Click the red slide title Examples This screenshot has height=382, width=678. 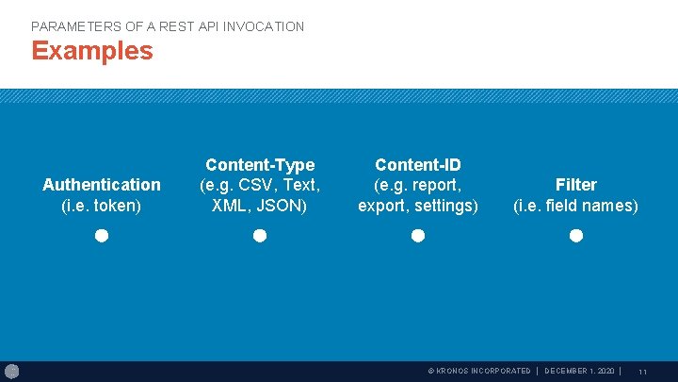pos(91,51)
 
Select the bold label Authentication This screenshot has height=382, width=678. pos(102,185)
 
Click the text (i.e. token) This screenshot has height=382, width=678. pos(102,206)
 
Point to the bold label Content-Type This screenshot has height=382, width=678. pos(260,165)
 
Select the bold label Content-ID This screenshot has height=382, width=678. pos(418,165)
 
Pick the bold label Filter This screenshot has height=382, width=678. pos(575,185)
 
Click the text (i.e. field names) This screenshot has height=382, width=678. pos(575,206)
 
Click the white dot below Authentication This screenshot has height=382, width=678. pos(102,235)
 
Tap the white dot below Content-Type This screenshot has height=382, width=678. pos(260,235)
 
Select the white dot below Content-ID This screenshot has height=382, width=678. pos(418,235)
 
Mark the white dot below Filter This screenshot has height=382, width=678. pos(576,235)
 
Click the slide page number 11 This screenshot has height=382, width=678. pos(642,373)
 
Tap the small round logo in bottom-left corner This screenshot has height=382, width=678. pos(11,372)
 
